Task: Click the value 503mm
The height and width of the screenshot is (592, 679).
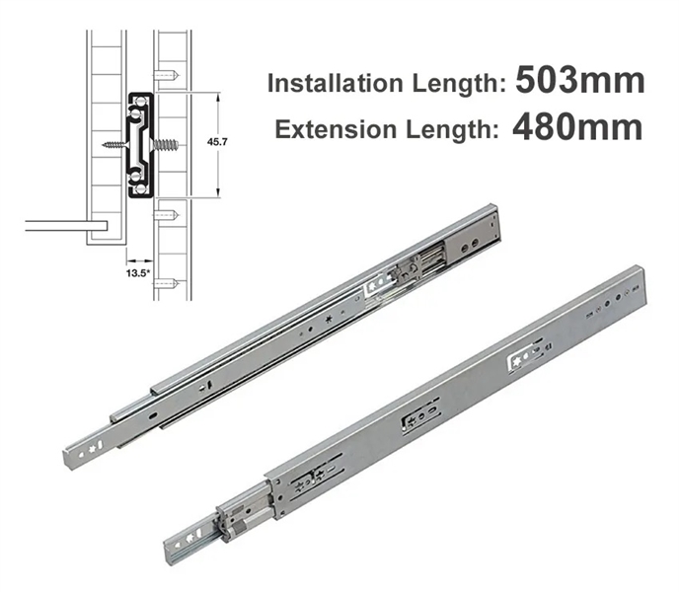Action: pyautogui.click(x=579, y=80)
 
